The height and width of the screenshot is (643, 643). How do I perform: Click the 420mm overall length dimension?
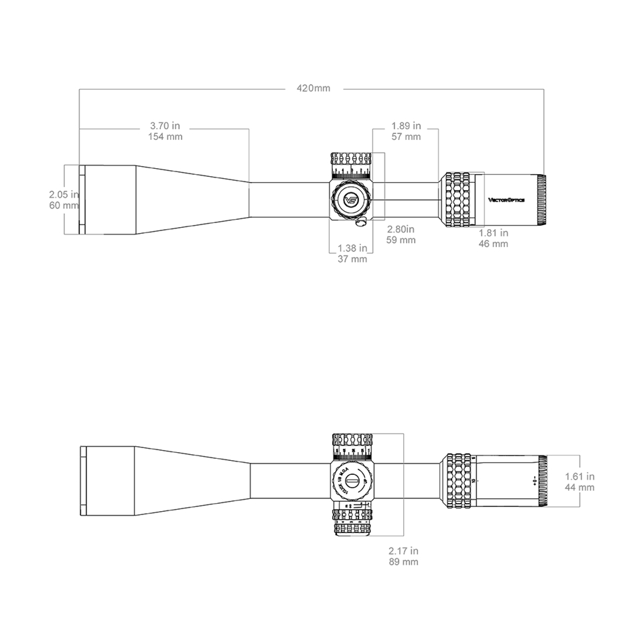pos(313,88)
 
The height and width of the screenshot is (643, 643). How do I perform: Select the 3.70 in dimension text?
pos(165,125)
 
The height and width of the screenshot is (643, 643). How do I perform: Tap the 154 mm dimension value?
pos(165,137)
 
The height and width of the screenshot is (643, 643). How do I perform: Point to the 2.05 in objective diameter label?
pos(64,194)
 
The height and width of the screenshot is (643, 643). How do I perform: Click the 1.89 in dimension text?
pos(406,125)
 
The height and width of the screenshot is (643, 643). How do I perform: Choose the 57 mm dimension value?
pos(406,137)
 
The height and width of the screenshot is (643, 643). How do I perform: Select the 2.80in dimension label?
pos(401,228)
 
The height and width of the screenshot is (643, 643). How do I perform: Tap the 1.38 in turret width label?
pos(352,248)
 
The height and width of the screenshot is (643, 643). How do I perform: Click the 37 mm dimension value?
pos(352,259)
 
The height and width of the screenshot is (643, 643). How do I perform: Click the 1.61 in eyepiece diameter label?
pos(579,476)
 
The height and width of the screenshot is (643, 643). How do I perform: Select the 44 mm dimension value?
pos(579,488)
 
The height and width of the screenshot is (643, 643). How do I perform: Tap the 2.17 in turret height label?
pos(403,551)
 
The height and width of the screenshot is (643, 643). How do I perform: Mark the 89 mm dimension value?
pos(403,562)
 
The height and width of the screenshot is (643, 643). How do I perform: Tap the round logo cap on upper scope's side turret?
pos(350,199)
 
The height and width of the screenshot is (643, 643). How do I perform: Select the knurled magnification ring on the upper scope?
pos(457,199)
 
